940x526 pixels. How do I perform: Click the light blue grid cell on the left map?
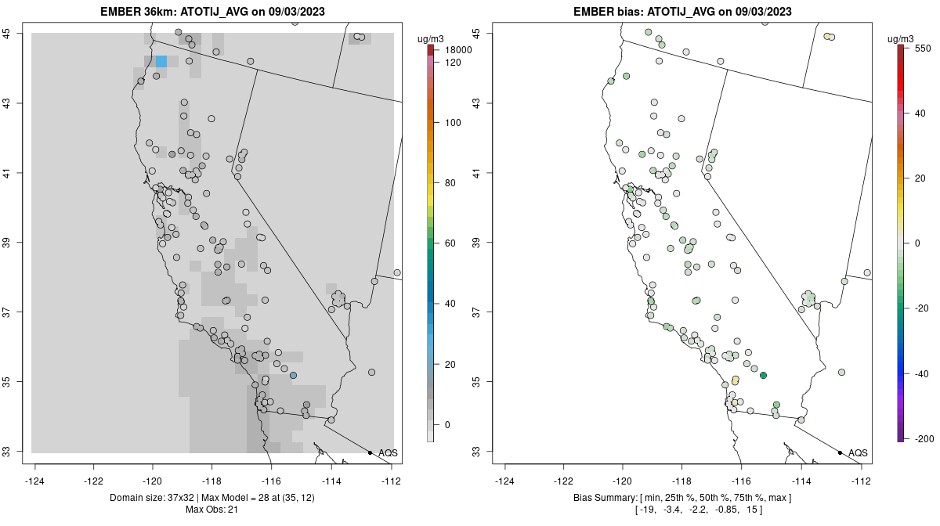161,61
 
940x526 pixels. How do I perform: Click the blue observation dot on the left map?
293,376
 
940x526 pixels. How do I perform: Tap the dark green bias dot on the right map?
763,376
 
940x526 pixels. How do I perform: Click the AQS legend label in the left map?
388,452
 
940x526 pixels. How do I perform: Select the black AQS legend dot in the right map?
840,452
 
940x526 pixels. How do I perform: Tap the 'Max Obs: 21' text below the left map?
211,510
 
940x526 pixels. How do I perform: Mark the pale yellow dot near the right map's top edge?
827,36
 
